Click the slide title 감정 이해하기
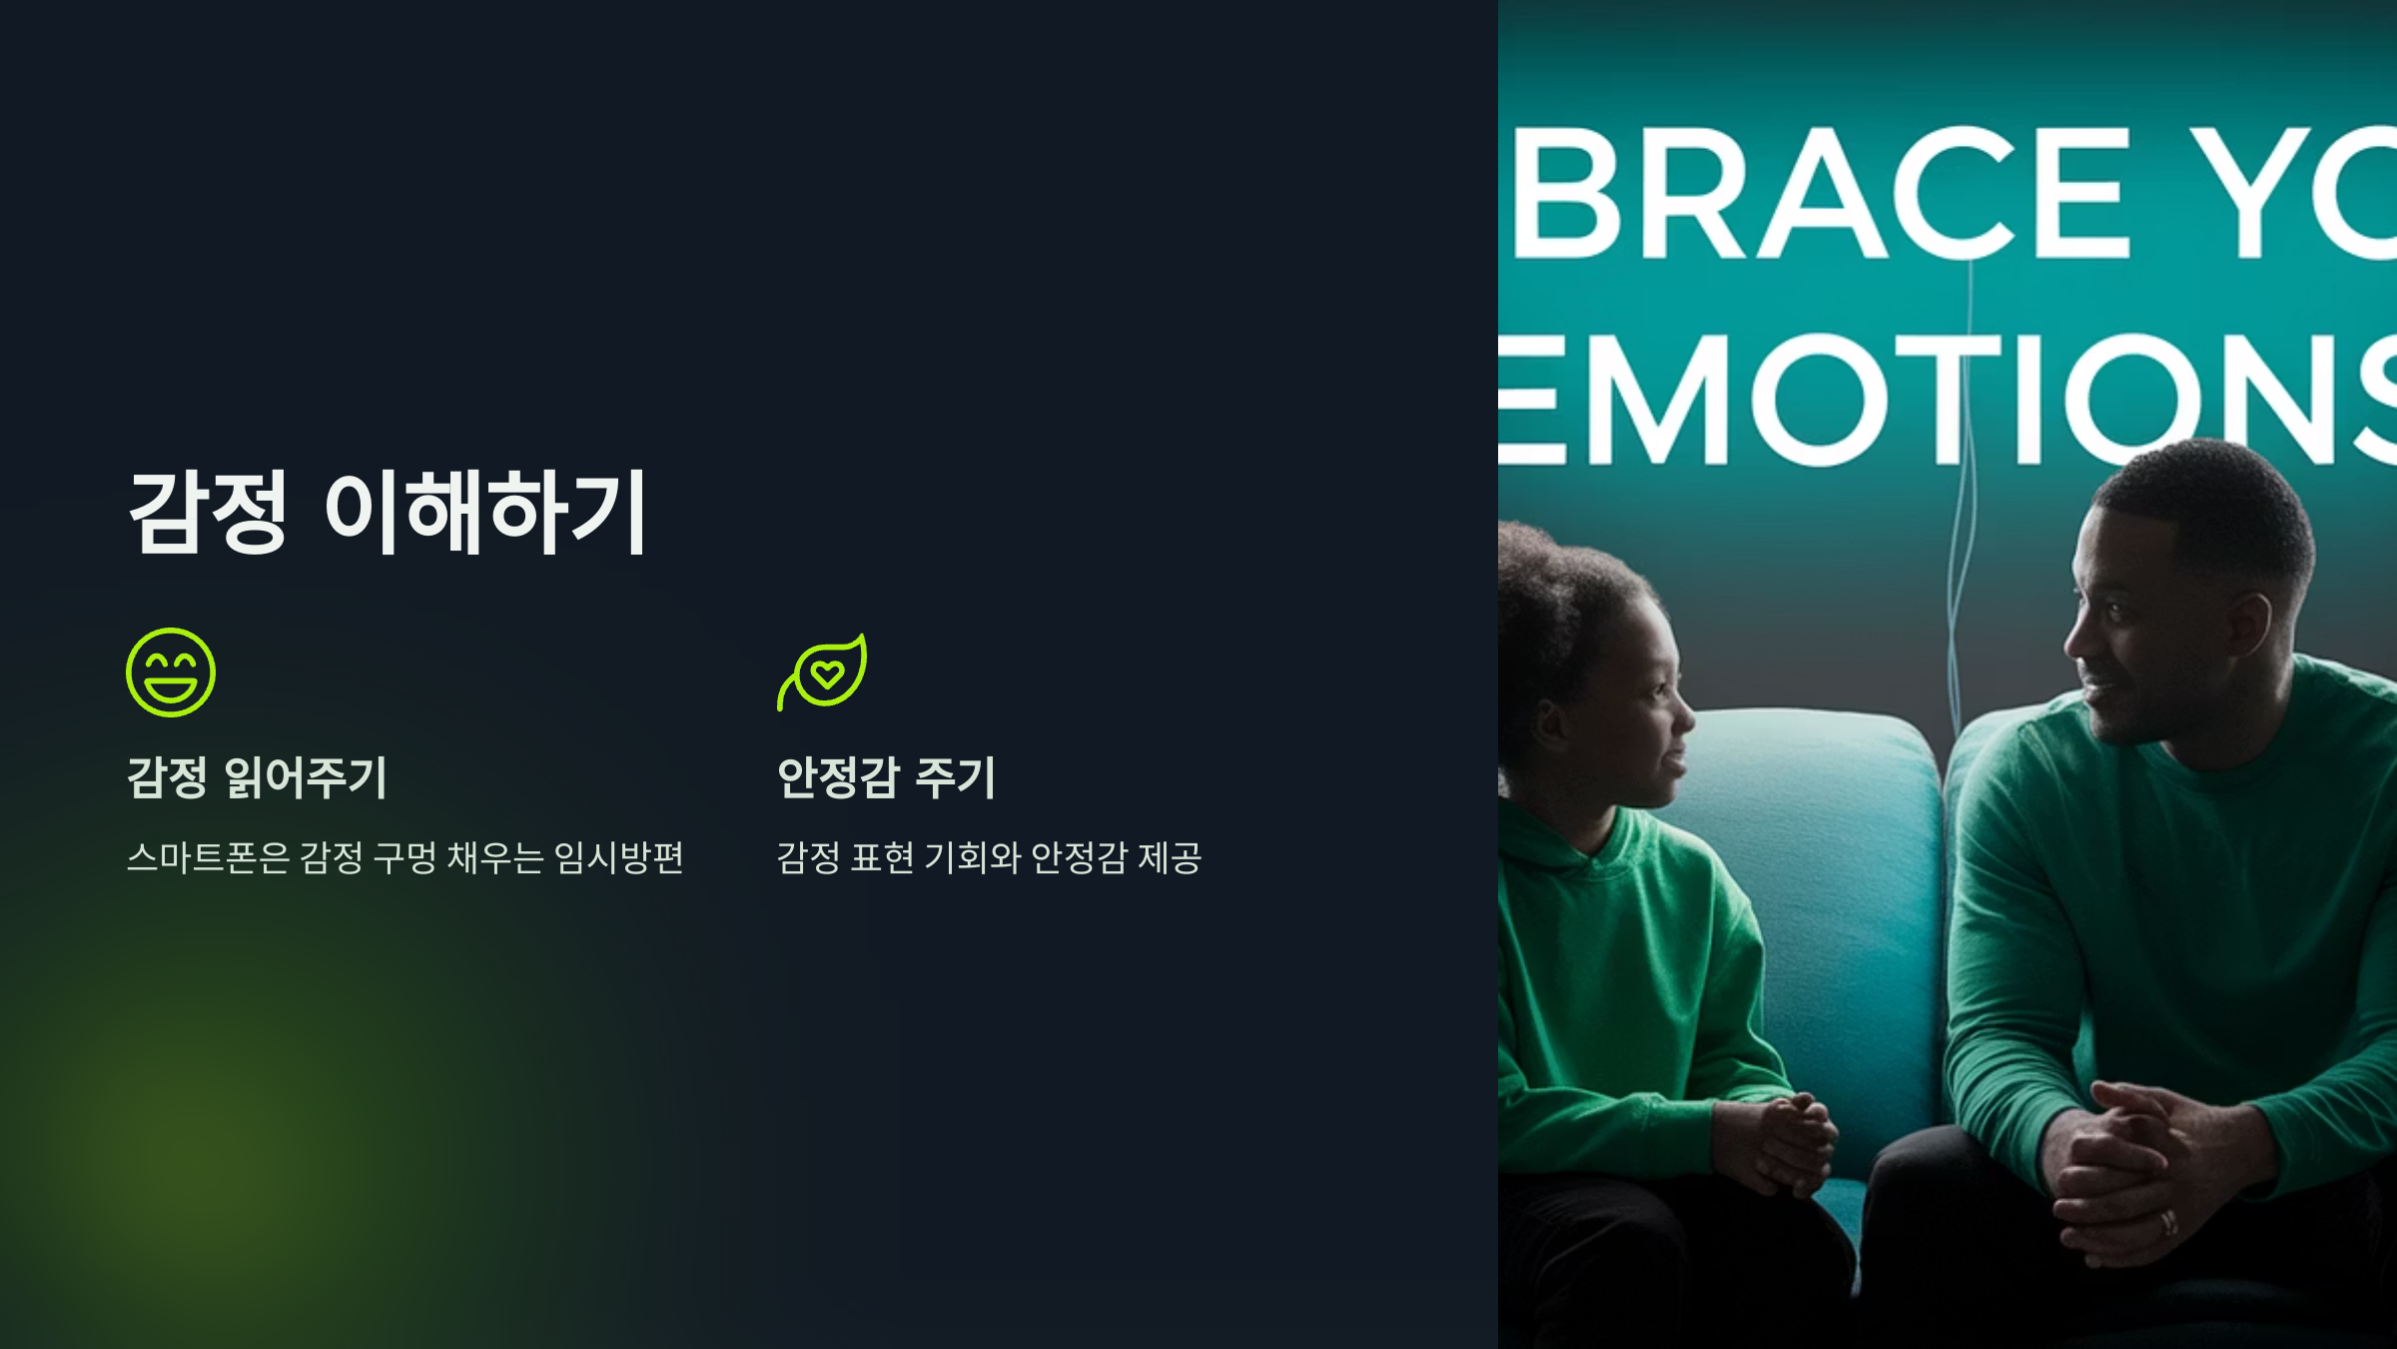tap(388, 512)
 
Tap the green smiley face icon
tap(171, 673)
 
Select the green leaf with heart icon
tap(823, 673)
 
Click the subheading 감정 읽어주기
tap(257, 777)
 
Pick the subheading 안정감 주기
tap(886, 777)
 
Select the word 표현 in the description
tap(882, 857)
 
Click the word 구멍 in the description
tap(404, 857)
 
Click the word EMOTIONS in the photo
tap(1948, 400)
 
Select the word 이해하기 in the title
tap(485, 512)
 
